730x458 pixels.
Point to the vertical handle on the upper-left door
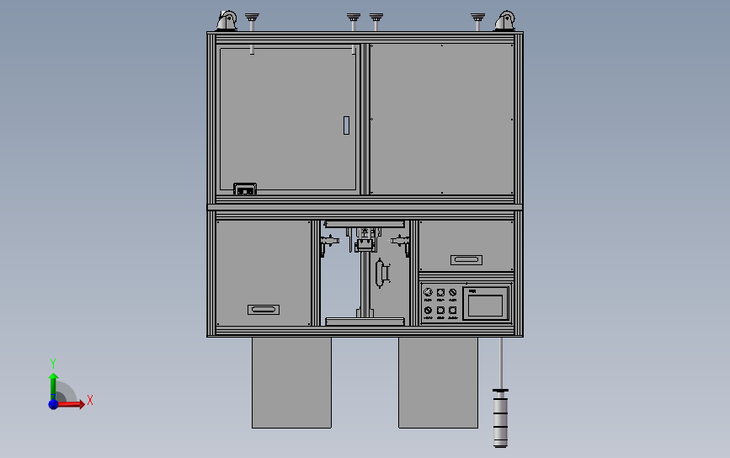[345, 125]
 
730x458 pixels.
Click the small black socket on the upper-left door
[244, 189]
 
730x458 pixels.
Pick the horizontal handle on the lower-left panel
[263, 310]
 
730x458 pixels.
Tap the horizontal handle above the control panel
[466, 259]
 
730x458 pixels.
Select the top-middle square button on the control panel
[440, 293]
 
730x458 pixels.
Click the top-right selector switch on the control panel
[453, 293]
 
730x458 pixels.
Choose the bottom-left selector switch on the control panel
[429, 311]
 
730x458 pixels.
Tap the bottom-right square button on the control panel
[453, 311]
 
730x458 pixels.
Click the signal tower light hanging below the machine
[501, 416]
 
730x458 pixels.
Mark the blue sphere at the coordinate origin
[53, 404]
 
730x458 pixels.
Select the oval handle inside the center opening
[381, 273]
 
